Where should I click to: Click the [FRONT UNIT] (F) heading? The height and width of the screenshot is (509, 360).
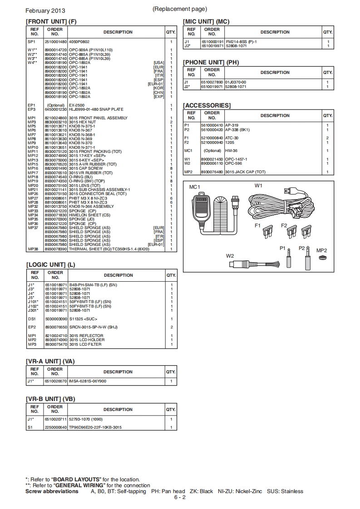51,21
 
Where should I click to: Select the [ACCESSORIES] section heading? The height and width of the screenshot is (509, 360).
207,106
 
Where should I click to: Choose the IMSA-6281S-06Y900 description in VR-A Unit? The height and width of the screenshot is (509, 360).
88,382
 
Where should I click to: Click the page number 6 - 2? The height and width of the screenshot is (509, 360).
180,497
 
